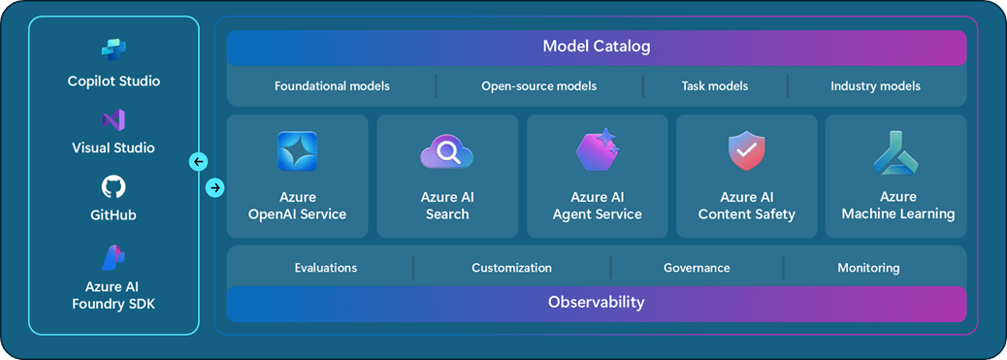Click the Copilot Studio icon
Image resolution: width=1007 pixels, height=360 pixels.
114,49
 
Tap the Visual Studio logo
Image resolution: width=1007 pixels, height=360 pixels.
114,120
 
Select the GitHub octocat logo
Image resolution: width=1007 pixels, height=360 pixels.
114,186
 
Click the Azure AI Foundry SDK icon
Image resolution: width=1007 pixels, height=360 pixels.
114,258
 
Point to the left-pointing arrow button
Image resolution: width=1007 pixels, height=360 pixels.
199,161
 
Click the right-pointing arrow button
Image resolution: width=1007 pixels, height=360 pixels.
215,187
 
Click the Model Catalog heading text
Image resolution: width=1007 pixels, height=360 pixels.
597,47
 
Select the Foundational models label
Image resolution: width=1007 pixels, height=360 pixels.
332,85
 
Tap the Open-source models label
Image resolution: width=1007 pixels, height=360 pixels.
538,85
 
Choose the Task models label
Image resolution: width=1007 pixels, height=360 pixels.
715,85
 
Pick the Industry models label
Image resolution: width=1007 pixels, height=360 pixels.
875,85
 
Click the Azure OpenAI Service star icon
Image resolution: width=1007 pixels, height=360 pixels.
298,151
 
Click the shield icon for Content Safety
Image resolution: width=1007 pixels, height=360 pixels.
747,151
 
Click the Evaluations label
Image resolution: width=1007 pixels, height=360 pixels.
326,268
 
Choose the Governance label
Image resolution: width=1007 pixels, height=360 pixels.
697,268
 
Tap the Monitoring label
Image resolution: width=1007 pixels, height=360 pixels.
868,268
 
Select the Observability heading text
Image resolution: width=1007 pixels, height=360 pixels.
596,302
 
